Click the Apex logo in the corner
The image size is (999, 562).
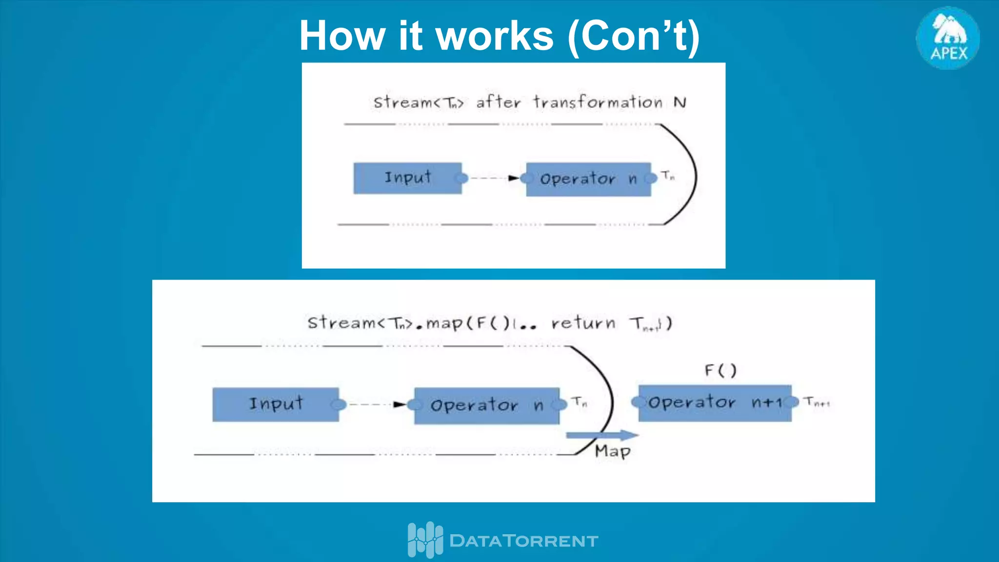coord(948,38)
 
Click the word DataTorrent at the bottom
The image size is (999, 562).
coord(523,541)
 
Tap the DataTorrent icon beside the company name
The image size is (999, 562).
coord(425,540)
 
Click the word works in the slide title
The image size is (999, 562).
coord(494,36)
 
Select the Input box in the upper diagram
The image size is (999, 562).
coord(407,178)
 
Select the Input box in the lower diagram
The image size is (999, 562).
coord(276,404)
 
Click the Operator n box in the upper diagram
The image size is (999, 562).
coord(588,179)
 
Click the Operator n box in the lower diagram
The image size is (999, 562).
coord(486,405)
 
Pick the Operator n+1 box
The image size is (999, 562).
coord(715,403)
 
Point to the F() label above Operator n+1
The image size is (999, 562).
coord(720,371)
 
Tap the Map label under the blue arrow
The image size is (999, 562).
coord(613,451)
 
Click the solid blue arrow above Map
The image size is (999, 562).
coord(602,435)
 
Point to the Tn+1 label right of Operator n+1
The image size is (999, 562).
coord(817,402)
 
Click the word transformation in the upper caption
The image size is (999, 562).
coord(598,102)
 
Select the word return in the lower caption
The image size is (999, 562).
coord(583,323)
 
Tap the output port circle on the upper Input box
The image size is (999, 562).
coord(461,178)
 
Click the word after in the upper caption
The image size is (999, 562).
coord(498,102)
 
